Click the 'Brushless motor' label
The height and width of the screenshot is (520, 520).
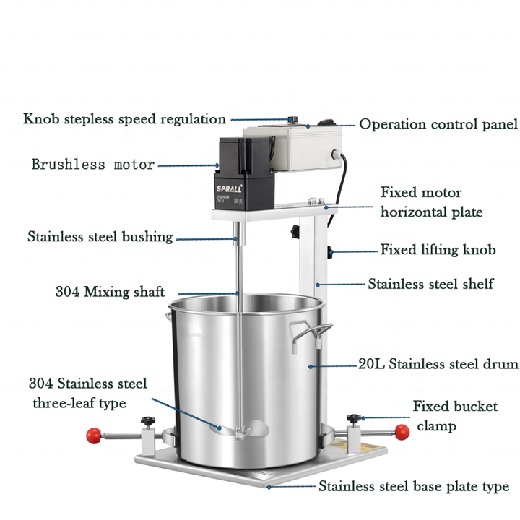pos(93,165)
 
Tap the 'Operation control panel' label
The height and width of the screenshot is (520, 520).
pos(438,124)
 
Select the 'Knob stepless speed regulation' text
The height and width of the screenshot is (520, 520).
pos(124,119)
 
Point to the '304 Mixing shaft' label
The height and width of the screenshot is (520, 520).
pos(110,292)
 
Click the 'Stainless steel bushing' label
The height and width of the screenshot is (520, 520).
pos(100,237)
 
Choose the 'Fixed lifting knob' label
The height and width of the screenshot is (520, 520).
pos(438,250)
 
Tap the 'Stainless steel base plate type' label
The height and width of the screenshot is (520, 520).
pos(414,487)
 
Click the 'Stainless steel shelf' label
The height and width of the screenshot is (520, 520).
pos(430,284)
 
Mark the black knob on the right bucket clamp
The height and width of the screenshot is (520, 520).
pos(354,419)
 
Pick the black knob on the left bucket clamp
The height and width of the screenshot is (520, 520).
pos(149,421)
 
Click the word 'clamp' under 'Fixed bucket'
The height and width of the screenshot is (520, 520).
pos(436,426)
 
